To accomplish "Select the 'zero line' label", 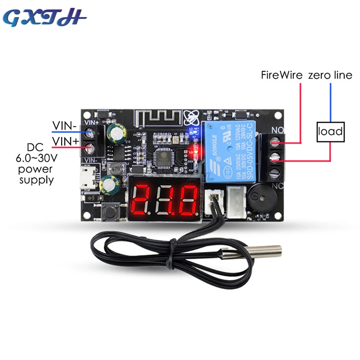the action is [330, 76].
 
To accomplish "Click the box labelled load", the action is [330, 132].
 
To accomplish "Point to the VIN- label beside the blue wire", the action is [64, 125].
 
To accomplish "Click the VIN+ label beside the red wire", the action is [64, 141].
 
